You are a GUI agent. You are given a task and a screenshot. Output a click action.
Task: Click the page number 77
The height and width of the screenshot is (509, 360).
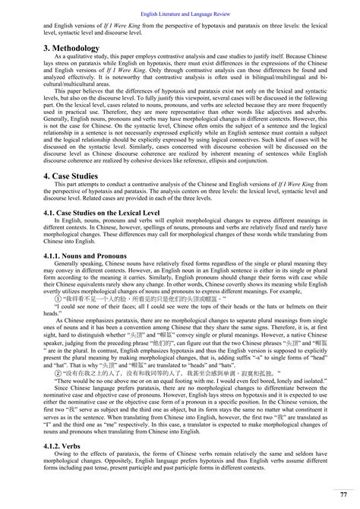(344, 494)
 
